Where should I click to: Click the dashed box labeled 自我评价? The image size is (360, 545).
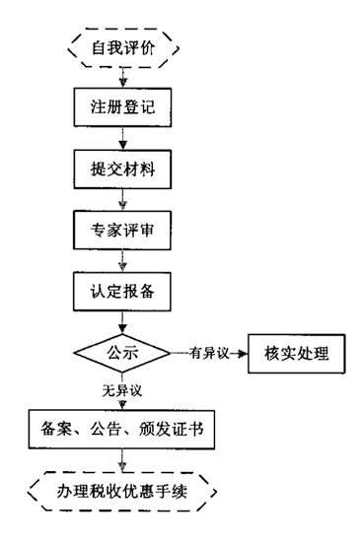(121, 47)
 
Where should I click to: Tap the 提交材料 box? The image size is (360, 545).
(121, 168)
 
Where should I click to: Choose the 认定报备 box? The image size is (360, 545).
(121, 293)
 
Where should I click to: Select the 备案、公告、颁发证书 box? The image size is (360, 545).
(121, 428)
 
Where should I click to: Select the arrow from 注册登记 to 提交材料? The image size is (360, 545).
(121, 137)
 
